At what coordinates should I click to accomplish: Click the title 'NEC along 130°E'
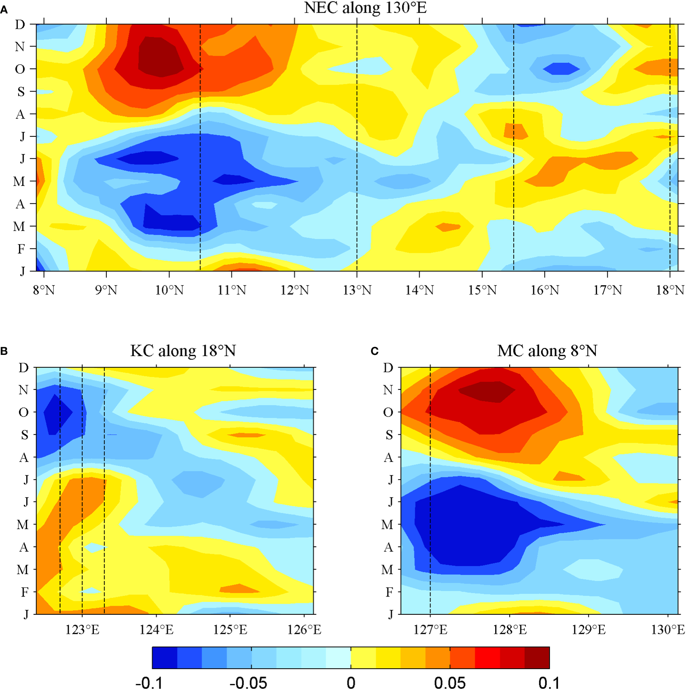tap(365, 8)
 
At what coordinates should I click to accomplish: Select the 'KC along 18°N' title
tap(183, 351)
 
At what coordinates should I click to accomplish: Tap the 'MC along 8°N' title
tap(547, 351)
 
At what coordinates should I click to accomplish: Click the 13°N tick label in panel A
tap(357, 290)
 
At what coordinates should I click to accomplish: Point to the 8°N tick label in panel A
tap(44, 290)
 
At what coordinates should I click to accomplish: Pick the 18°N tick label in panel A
tap(670, 290)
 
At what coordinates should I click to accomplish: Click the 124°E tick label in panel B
tap(156, 630)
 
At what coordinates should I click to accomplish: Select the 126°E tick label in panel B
tap(304, 630)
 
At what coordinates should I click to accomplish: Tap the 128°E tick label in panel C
tap(510, 630)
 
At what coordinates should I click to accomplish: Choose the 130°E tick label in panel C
tap(668, 630)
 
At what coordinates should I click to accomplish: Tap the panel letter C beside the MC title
tap(374, 351)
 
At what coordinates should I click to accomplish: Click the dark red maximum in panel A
tap(160, 57)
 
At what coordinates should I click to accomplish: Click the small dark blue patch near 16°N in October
tap(561, 69)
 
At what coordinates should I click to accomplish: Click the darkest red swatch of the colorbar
tap(537, 658)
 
